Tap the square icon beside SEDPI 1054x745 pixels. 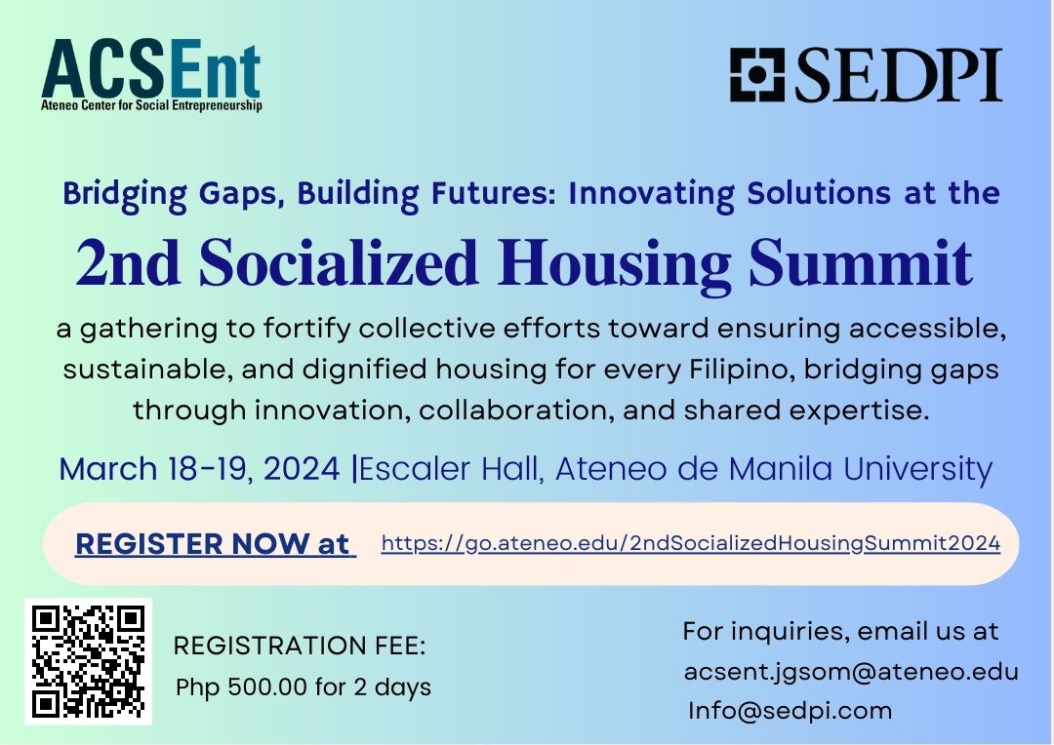point(757,75)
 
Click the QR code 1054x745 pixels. point(88,661)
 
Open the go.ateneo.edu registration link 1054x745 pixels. point(690,543)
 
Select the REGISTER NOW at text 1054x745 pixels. point(215,544)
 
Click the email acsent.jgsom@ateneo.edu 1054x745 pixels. point(851,671)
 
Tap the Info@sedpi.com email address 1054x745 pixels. point(790,710)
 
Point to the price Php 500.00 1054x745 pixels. point(241,686)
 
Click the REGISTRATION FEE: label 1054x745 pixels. point(300,646)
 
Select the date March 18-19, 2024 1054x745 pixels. point(201,469)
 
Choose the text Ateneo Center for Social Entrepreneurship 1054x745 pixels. point(151,105)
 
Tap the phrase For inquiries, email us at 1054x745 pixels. point(840,631)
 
